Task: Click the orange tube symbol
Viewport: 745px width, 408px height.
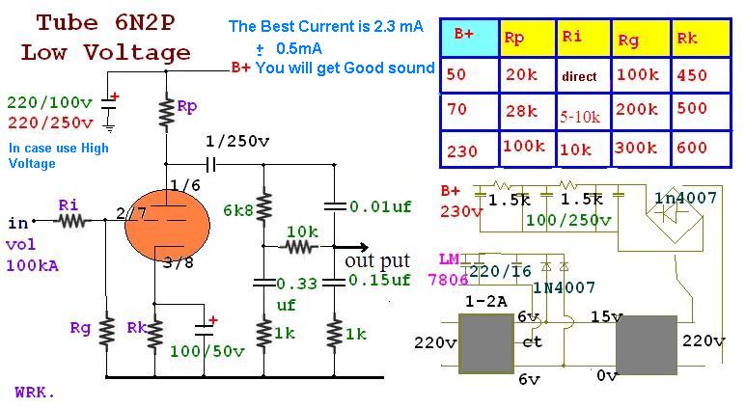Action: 167,226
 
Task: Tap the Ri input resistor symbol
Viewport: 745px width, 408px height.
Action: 72,221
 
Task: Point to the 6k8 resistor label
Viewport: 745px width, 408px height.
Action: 238,210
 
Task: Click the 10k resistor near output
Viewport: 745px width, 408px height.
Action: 300,247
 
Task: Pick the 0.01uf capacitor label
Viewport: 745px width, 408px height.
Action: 380,206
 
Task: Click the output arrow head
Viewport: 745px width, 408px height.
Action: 363,247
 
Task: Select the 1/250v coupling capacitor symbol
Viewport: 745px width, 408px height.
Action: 211,165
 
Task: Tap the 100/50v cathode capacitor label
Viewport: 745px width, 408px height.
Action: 207,351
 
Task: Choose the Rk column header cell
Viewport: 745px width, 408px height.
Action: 702,39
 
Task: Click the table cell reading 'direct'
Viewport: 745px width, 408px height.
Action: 584,75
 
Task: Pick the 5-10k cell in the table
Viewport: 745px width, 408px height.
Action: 584,112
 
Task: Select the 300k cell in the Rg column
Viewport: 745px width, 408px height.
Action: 641,150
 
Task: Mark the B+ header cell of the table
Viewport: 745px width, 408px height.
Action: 469,39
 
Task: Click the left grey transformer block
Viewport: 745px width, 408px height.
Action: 486,343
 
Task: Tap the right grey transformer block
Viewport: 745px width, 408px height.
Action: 647,345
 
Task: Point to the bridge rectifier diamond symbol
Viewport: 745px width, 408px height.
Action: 675,212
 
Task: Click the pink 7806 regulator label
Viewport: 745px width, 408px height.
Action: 448,280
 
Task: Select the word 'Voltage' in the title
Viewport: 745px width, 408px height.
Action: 137,53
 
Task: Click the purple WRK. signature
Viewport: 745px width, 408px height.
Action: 35,393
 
